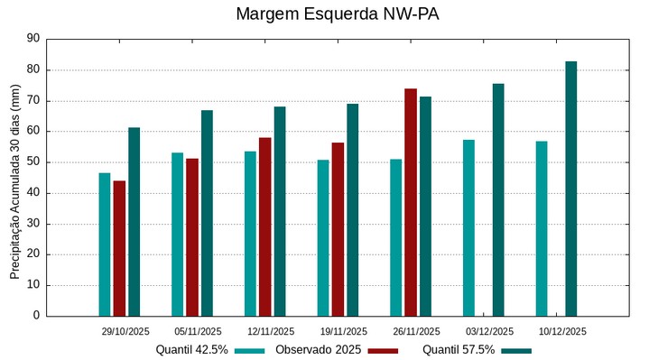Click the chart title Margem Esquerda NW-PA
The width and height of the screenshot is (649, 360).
(x=325, y=14)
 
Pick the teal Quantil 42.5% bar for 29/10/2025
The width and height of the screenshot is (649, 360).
(x=105, y=245)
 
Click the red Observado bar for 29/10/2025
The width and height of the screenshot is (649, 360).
(x=119, y=248)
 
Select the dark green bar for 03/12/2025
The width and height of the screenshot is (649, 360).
(x=498, y=199)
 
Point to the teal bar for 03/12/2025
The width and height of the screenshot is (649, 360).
(x=468, y=227)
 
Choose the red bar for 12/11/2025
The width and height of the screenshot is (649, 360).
(x=264, y=226)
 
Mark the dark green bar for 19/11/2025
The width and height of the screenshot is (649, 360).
(x=352, y=209)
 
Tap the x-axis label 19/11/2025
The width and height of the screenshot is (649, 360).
(x=343, y=331)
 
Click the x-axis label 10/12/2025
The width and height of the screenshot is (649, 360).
(x=561, y=331)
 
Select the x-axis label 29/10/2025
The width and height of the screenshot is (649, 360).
(x=125, y=331)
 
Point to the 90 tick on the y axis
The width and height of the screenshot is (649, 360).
(x=33, y=39)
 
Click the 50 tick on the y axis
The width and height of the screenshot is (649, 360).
(x=33, y=162)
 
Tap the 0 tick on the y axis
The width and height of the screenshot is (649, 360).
(x=37, y=316)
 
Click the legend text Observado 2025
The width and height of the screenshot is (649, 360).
(x=319, y=349)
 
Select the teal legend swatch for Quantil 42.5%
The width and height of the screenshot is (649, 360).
(x=250, y=350)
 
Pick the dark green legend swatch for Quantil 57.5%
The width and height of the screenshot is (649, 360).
(x=516, y=350)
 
